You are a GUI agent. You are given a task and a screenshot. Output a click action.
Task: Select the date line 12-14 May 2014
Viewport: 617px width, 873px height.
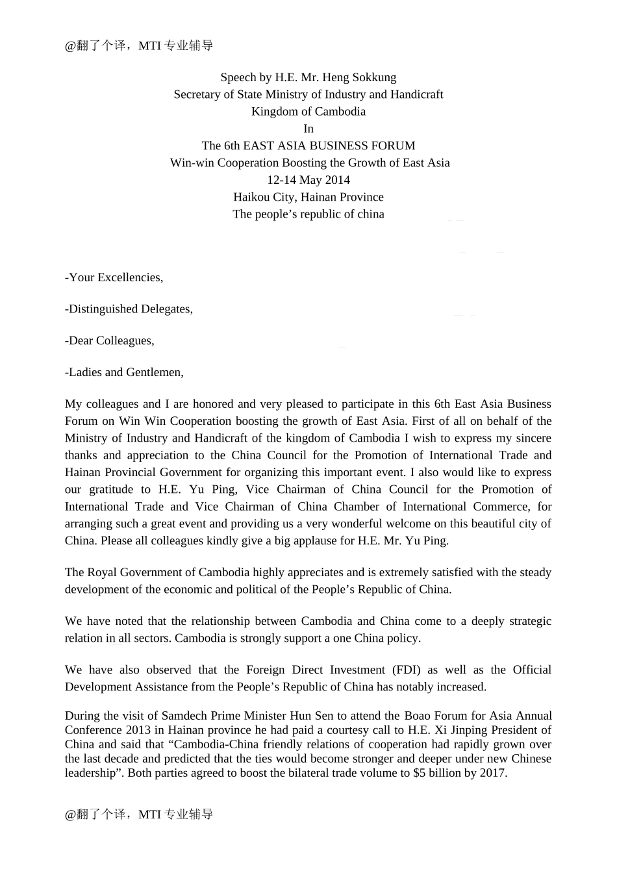(308, 180)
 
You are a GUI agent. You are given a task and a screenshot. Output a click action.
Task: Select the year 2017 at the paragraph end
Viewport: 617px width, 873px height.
(494, 773)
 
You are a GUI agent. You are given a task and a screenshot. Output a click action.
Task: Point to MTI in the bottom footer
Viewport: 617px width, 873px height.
(149, 815)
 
